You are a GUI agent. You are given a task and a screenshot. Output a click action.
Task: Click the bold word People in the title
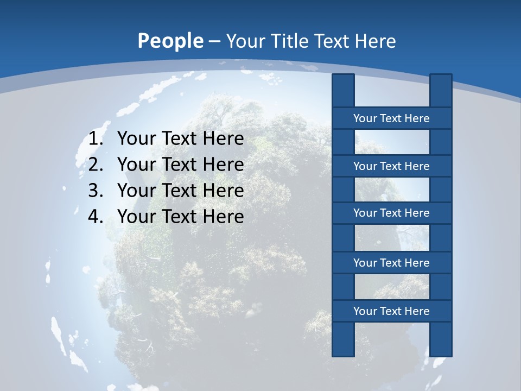(x=170, y=41)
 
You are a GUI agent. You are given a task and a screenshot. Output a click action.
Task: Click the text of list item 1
(x=180, y=138)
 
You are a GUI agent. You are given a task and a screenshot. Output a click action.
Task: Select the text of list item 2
(x=180, y=165)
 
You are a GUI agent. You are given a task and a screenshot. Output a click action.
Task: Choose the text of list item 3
(x=180, y=191)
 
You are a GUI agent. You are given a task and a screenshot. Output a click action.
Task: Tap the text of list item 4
(x=180, y=217)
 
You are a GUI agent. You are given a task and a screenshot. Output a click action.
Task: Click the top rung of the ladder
(x=391, y=118)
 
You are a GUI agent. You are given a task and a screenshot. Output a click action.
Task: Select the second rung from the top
(x=391, y=166)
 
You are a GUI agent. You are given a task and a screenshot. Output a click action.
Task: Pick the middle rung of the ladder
(x=391, y=213)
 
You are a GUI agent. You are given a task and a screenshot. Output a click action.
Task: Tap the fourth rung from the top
(x=391, y=262)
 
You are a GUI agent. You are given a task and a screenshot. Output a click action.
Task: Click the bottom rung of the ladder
(x=391, y=311)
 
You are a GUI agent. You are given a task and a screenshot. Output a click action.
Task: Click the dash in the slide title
(x=214, y=42)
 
